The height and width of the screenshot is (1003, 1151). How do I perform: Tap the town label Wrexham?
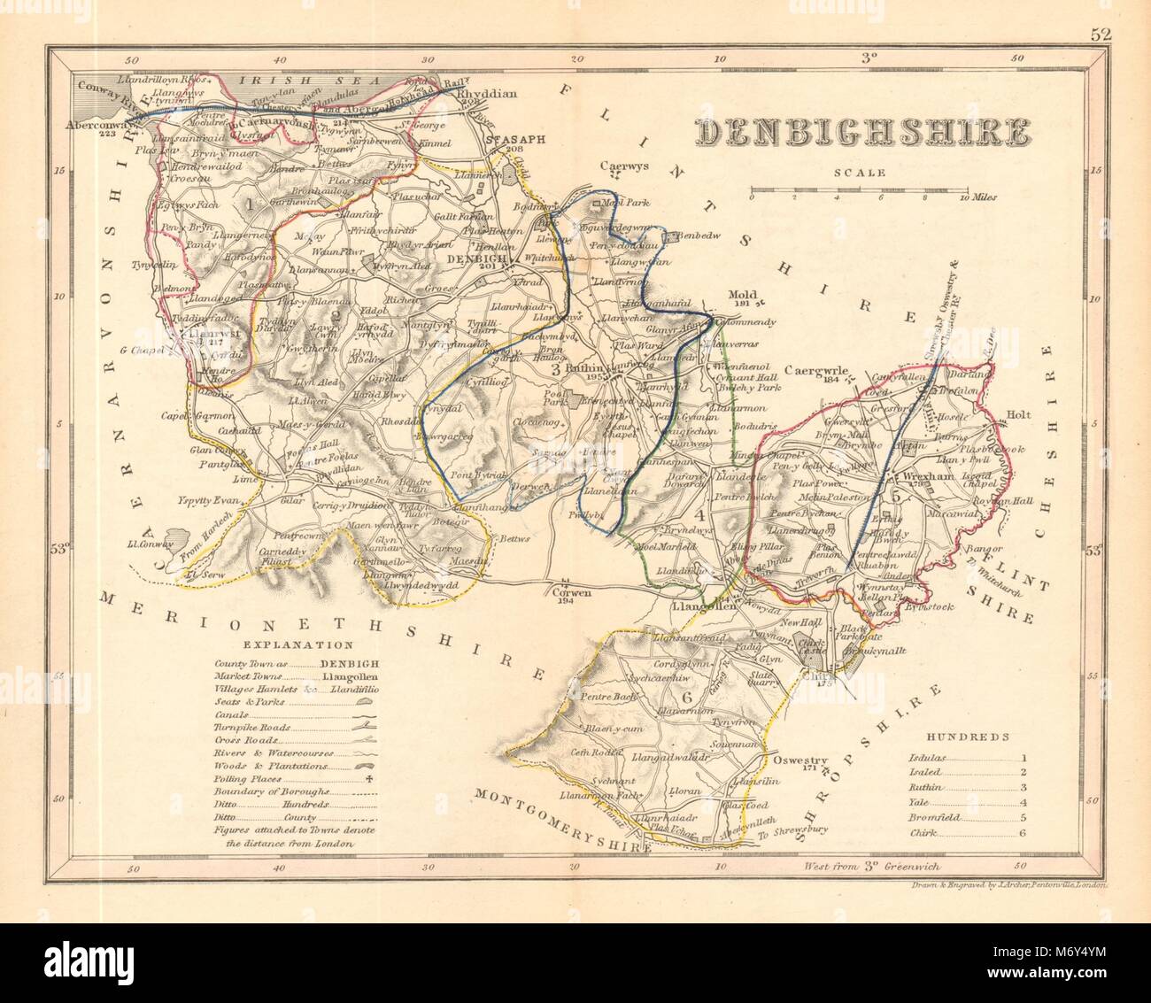(x=927, y=475)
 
